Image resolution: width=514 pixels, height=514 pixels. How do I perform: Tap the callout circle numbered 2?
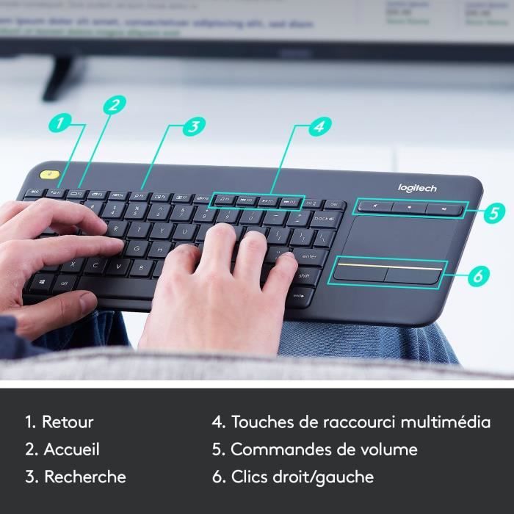tap(113, 104)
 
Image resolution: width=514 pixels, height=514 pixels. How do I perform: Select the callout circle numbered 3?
tap(192, 126)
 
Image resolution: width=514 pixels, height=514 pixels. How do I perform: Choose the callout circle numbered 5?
tap(494, 213)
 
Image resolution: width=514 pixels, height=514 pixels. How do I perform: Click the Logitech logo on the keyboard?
tap(417, 189)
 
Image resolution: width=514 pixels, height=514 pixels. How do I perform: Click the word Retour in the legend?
tap(68, 422)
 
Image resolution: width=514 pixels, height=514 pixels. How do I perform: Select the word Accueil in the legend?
tap(71, 449)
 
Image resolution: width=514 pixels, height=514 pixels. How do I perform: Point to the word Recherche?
tap(84, 477)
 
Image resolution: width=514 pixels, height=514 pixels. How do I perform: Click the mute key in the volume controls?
tap(377, 207)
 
